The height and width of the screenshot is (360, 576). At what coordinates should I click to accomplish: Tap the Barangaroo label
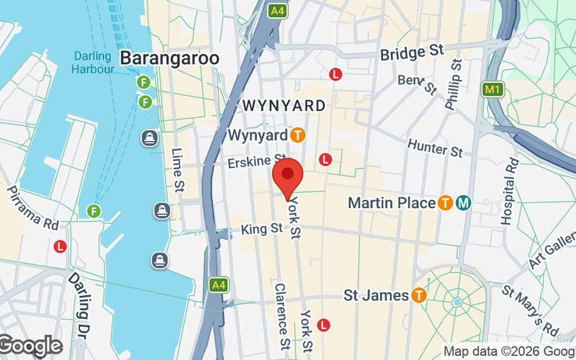169,57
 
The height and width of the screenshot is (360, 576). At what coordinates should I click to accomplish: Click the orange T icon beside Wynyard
297,135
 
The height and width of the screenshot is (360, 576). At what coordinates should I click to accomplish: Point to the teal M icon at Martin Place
463,203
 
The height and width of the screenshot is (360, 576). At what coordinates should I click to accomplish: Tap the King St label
261,229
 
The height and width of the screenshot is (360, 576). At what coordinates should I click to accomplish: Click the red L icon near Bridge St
335,74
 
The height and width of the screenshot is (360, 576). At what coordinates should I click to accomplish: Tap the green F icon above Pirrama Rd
94,211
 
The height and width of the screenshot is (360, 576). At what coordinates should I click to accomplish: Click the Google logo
30,346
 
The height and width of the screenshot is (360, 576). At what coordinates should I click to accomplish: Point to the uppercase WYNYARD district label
284,106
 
